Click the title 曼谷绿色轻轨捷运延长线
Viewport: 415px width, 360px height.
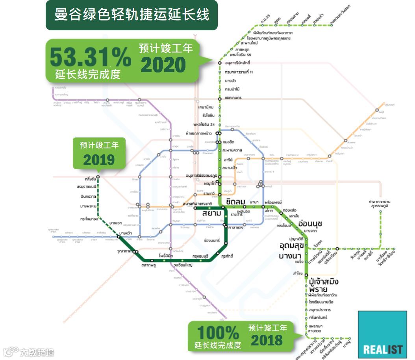(x=132, y=15)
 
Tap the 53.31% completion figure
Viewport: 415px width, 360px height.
(x=90, y=57)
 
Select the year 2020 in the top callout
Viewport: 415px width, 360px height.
(x=163, y=65)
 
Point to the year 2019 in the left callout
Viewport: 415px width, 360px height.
(x=99, y=160)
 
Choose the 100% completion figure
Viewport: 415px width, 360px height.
(x=218, y=333)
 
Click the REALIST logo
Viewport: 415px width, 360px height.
(x=382, y=349)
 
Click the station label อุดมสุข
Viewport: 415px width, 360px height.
(x=291, y=246)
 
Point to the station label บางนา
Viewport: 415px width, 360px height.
(x=290, y=256)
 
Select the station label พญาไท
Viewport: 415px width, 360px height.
(x=211, y=184)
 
